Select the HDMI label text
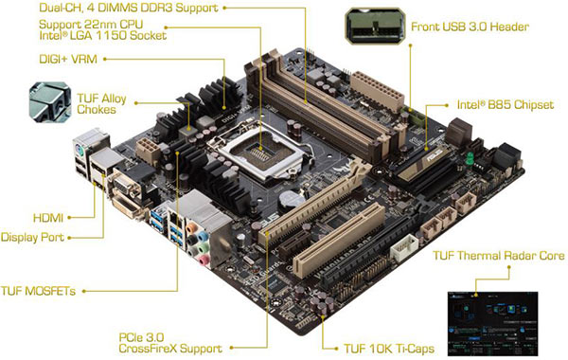pyautogui.click(x=47, y=217)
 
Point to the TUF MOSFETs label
pyautogui.click(x=38, y=290)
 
